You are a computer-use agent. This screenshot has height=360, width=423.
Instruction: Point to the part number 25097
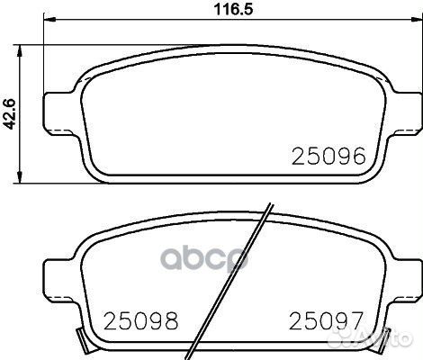(327, 319)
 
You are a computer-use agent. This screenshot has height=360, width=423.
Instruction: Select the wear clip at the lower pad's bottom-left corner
(84, 339)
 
